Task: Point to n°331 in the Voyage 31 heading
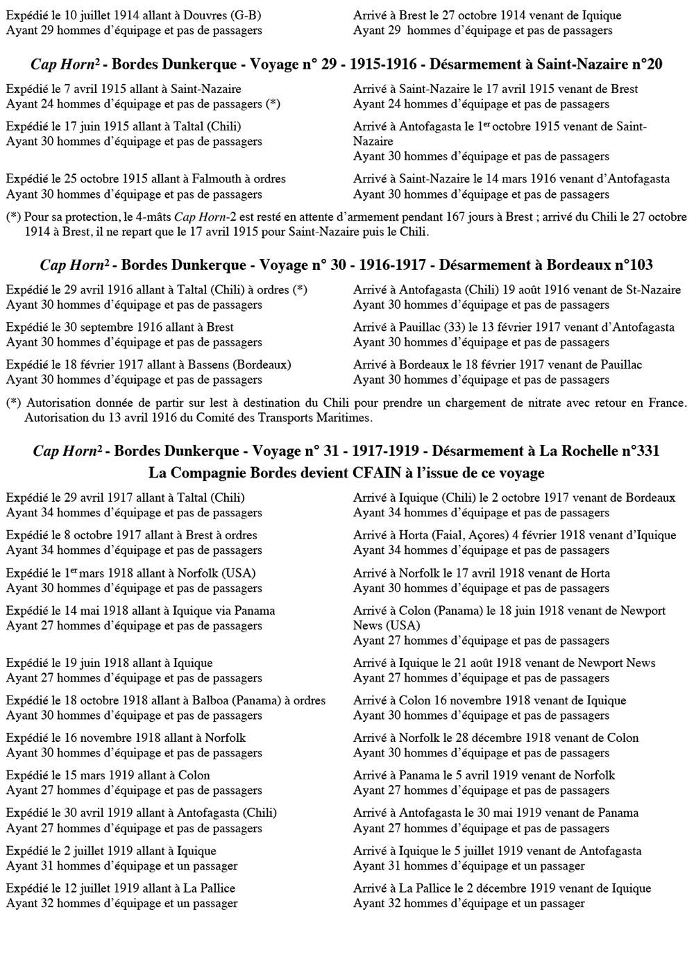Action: pos(636,451)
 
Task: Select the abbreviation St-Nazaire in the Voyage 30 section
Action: pos(650,290)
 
